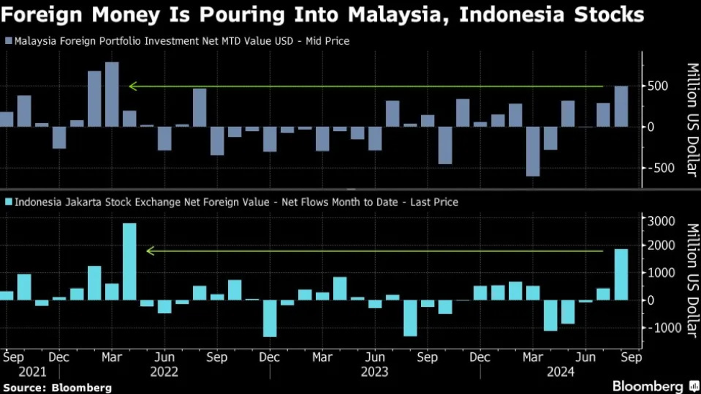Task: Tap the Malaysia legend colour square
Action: pos(8,41)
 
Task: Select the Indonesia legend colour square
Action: pos(8,202)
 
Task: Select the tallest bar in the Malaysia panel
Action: pos(112,94)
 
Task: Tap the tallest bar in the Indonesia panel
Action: pos(130,261)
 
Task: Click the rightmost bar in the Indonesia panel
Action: pos(621,274)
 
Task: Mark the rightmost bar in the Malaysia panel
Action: pos(620,107)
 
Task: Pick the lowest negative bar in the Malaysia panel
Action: pos(533,151)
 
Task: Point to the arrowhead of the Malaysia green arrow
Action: pos(132,86)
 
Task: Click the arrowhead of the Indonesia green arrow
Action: pos(150,251)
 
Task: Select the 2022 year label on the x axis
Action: pos(165,372)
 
